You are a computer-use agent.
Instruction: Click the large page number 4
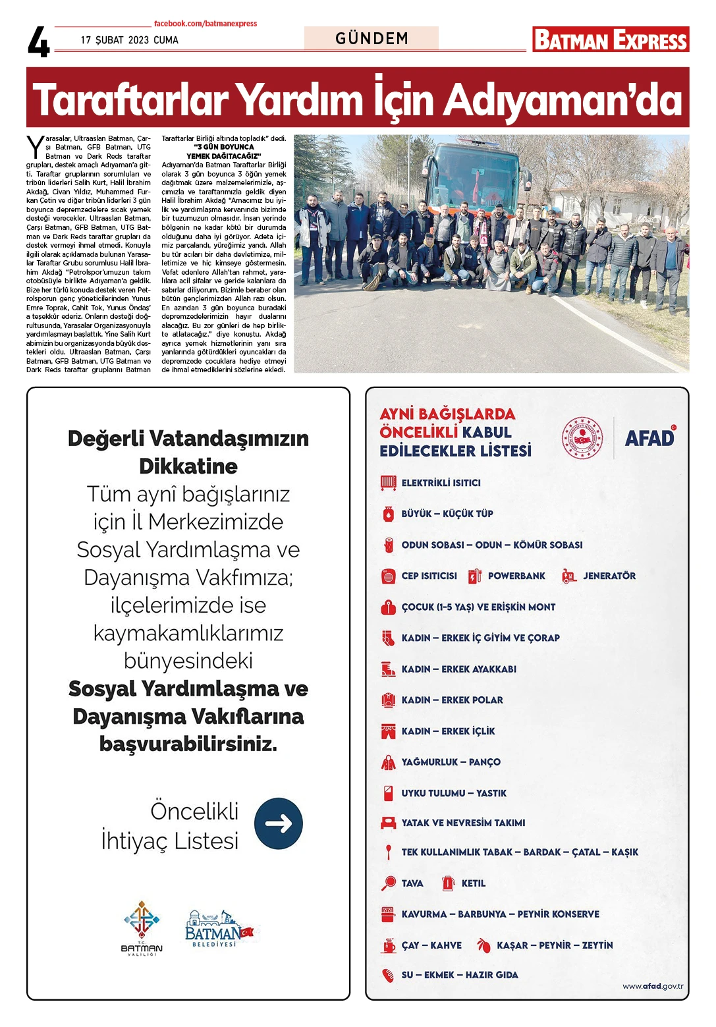coord(39,43)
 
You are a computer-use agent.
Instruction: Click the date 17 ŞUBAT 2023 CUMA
coord(130,40)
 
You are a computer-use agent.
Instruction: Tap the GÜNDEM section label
coord(372,38)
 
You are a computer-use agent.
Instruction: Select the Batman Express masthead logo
coord(611,40)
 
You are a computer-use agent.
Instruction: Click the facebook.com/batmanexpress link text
coord(206,24)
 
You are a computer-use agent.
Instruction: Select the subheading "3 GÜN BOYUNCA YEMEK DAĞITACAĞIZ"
coord(224,152)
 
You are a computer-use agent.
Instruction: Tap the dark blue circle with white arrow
coord(279,823)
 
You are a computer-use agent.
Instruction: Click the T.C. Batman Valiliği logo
coord(142,928)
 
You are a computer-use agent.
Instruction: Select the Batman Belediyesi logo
coord(219,928)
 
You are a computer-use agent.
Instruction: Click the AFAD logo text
coord(649,437)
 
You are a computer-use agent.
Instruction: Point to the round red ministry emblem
coord(582,437)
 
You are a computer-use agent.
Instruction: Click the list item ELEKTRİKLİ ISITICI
coord(441,483)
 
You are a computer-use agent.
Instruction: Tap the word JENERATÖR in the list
coord(609,576)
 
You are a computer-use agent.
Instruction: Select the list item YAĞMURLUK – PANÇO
coord(451,762)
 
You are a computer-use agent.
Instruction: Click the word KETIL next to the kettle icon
coord(473,883)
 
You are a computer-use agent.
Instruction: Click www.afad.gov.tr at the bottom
coord(653,986)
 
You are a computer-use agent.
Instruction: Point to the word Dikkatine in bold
coord(188,466)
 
